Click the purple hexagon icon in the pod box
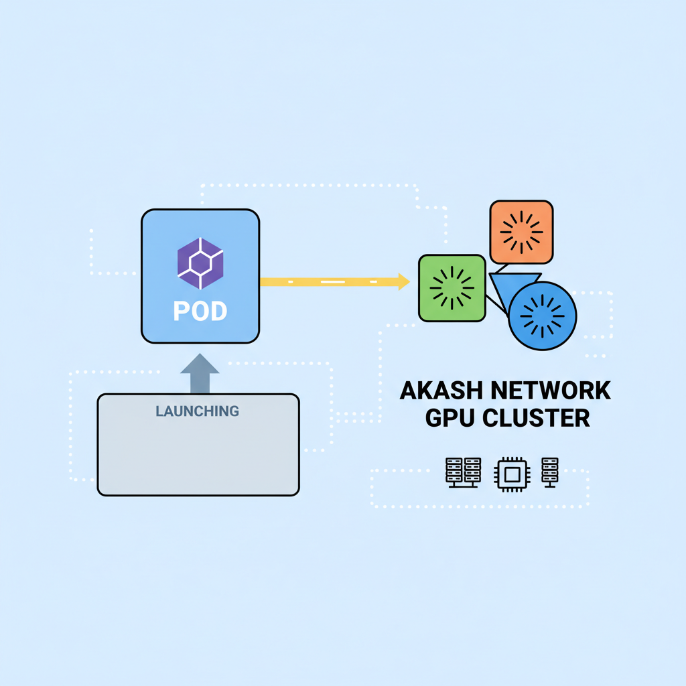coord(200,263)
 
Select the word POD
coord(200,311)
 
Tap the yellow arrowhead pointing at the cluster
coord(403,282)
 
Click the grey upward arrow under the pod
coord(200,374)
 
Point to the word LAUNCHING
coord(197,411)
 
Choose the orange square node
coord(521,232)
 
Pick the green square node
coord(452,288)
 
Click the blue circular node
coord(543,316)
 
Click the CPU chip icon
coord(511,474)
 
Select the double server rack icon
coord(463,472)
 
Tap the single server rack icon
coord(550,472)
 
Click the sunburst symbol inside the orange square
coord(521,232)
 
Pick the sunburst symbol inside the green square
coord(452,288)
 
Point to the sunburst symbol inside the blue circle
coord(543,316)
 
